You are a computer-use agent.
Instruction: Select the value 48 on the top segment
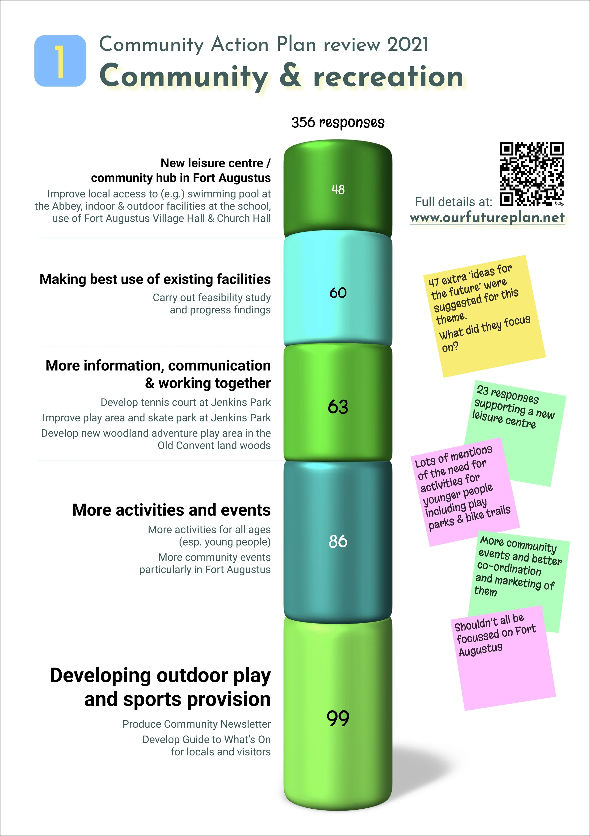coord(338,189)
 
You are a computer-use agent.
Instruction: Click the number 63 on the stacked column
coord(338,407)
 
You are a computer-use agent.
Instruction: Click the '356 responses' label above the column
coord(338,122)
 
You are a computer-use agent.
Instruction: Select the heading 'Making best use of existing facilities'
coord(155,279)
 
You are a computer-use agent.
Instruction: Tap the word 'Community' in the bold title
coord(184,76)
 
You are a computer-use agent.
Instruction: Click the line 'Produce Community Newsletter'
coord(196,724)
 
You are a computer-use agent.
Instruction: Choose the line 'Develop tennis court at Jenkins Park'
coord(185,402)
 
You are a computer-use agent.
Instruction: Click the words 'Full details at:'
coord(453,202)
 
